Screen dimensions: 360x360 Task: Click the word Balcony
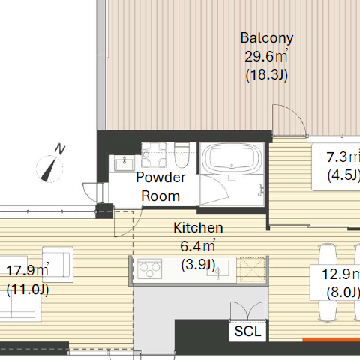(267, 38)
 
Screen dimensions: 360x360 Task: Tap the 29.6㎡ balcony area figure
(266, 56)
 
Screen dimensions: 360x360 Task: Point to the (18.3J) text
(267, 75)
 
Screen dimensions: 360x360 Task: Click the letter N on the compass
(60, 149)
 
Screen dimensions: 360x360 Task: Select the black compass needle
(49, 169)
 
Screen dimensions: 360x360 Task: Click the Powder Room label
(160, 187)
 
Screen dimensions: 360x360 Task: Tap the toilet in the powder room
(181, 155)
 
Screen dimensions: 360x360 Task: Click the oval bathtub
(232, 158)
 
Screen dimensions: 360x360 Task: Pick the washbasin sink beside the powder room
(124, 163)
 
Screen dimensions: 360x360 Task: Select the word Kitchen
(198, 228)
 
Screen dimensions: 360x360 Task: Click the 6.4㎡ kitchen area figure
(197, 246)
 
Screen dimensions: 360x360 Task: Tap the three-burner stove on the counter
(150, 269)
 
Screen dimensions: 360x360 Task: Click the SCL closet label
(247, 331)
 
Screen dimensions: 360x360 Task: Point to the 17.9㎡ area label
(28, 270)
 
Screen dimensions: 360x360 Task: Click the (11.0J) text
(28, 289)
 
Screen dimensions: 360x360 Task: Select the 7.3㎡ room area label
(343, 157)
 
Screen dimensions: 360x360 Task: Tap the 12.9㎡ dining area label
(340, 274)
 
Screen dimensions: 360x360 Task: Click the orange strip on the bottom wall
(331, 340)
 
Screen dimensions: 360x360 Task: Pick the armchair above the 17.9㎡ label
(58, 262)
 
